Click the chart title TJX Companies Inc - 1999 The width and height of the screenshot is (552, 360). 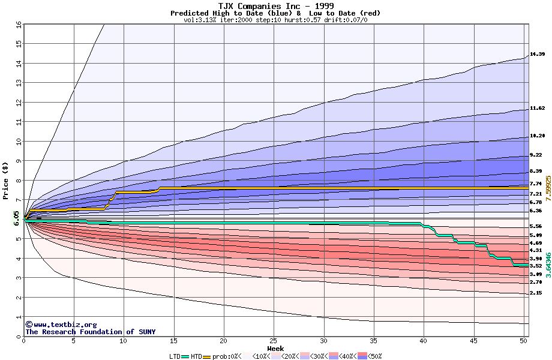(275, 6)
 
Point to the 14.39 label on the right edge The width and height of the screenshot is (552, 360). (537, 55)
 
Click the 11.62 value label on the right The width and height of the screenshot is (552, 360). (537, 109)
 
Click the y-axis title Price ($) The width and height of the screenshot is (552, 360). (6, 180)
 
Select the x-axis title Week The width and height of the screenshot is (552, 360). (275, 349)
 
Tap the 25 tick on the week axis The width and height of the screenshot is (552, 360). (274, 341)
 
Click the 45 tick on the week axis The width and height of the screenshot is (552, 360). (473, 341)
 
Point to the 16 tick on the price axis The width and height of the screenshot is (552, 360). (18, 25)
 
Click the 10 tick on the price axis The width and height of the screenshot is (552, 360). (18, 142)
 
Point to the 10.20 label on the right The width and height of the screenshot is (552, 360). (537, 136)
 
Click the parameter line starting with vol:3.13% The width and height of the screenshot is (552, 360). (275, 20)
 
